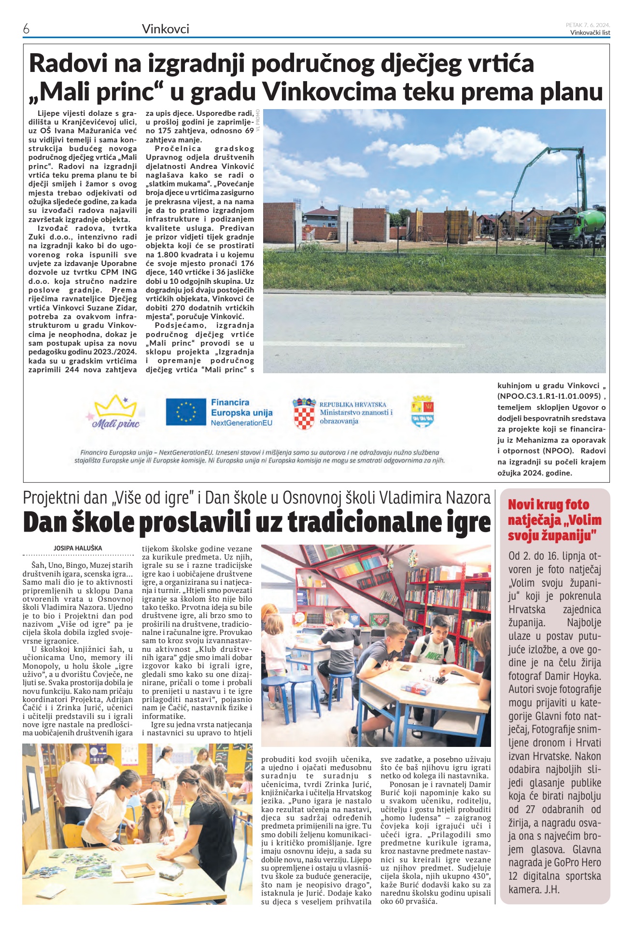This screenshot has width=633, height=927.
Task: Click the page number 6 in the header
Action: click(26, 29)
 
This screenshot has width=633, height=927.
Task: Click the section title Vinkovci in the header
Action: click(165, 29)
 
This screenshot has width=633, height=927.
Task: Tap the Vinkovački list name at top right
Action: click(590, 33)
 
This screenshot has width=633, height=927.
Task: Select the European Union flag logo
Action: click(186, 412)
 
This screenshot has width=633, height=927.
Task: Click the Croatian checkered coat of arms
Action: click(304, 414)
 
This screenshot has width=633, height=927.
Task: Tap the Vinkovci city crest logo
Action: click(422, 411)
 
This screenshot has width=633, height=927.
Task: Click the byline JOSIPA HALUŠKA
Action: click(78, 548)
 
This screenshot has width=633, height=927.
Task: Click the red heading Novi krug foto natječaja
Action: click(554, 520)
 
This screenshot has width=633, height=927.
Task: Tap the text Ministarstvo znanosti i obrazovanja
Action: click(356, 416)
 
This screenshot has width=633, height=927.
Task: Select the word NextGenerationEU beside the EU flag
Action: click(241, 423)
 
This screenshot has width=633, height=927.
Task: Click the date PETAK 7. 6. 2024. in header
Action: click(588, 25)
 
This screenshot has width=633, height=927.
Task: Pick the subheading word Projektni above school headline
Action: click(52, 498)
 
